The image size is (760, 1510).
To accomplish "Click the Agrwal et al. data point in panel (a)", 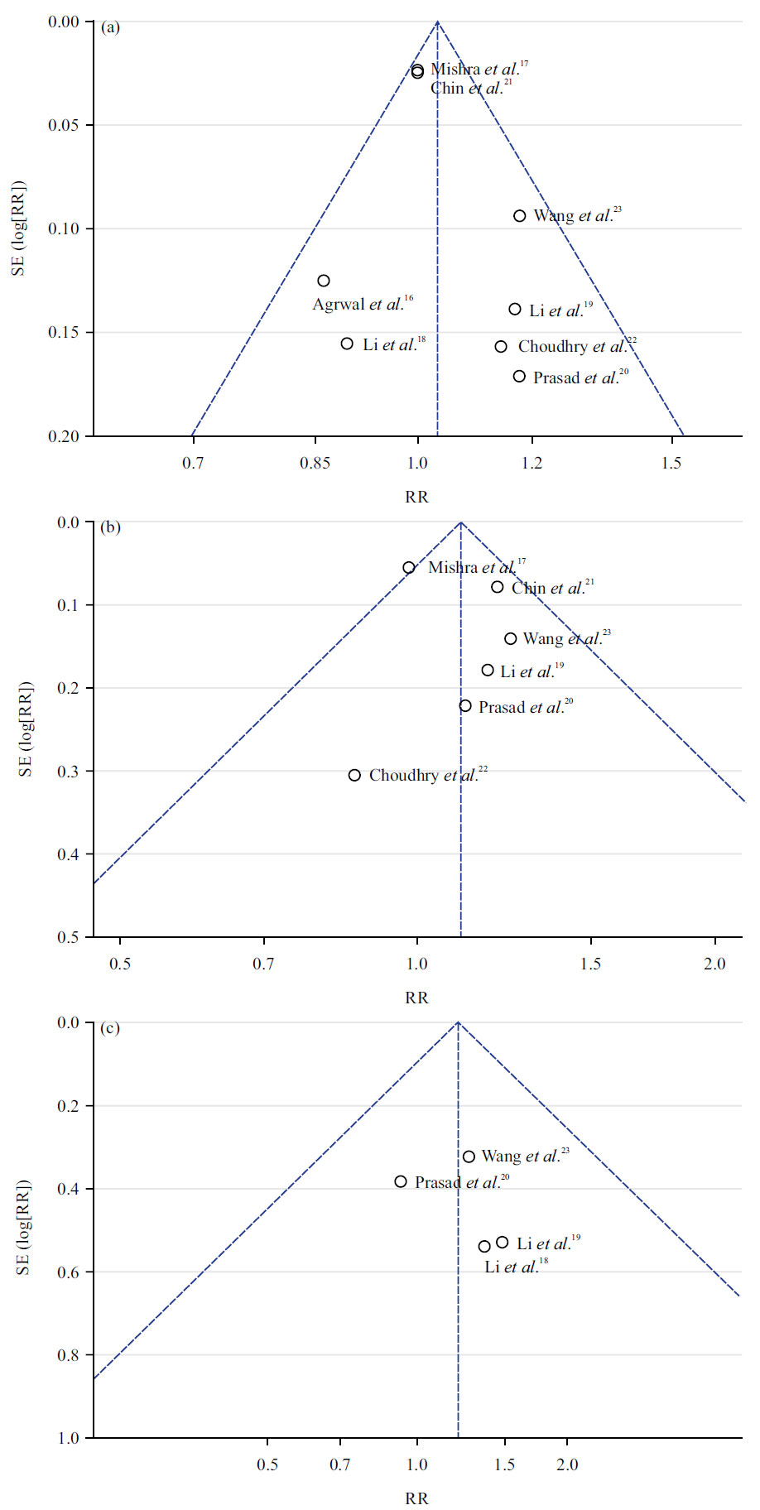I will (324, 281).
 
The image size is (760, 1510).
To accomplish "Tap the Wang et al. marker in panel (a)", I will (520, 216).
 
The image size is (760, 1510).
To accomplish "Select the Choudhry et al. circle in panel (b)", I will (354, 776).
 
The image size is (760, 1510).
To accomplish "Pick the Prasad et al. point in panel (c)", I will (401, 1182).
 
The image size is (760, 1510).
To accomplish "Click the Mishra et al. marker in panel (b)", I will (409, 568).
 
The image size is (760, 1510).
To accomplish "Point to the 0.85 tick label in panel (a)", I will (315, 462).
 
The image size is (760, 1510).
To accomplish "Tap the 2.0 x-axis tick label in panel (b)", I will (714, 963).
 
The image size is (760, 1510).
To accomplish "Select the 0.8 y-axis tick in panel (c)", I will (70, 1356).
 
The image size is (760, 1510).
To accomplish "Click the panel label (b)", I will (110, 527).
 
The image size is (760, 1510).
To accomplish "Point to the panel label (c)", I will (110, 1028).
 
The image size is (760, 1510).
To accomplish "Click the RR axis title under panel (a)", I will (416, 497).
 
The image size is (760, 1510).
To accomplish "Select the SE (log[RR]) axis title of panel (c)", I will (24, 1229).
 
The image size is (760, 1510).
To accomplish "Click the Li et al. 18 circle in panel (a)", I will (347, 344).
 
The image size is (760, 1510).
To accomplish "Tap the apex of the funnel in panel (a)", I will (437, 22).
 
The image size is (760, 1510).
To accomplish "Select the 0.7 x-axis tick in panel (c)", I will (339, 1464).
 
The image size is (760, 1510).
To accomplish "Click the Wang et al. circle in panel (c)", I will (469, 1157).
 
